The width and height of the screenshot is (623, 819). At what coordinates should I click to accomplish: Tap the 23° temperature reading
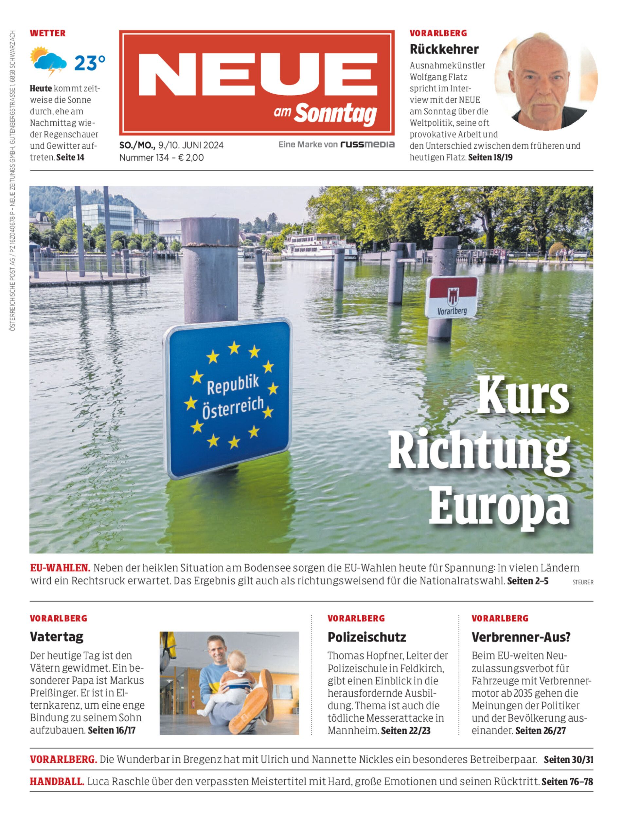coord(90,63)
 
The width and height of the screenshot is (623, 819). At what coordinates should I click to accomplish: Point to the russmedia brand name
coord(367,144)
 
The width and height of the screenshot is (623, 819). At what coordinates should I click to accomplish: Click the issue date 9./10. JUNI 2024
coord(191,145)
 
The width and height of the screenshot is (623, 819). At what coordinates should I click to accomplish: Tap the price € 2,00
coord(191,158)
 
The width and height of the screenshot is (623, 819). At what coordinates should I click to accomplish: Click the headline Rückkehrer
coord(444,49)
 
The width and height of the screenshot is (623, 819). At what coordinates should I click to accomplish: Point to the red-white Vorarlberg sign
coord(452,297)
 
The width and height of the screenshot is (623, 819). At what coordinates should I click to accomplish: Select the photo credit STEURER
coord(583,582)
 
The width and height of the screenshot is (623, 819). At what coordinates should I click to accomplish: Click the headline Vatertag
coord(57,637)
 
